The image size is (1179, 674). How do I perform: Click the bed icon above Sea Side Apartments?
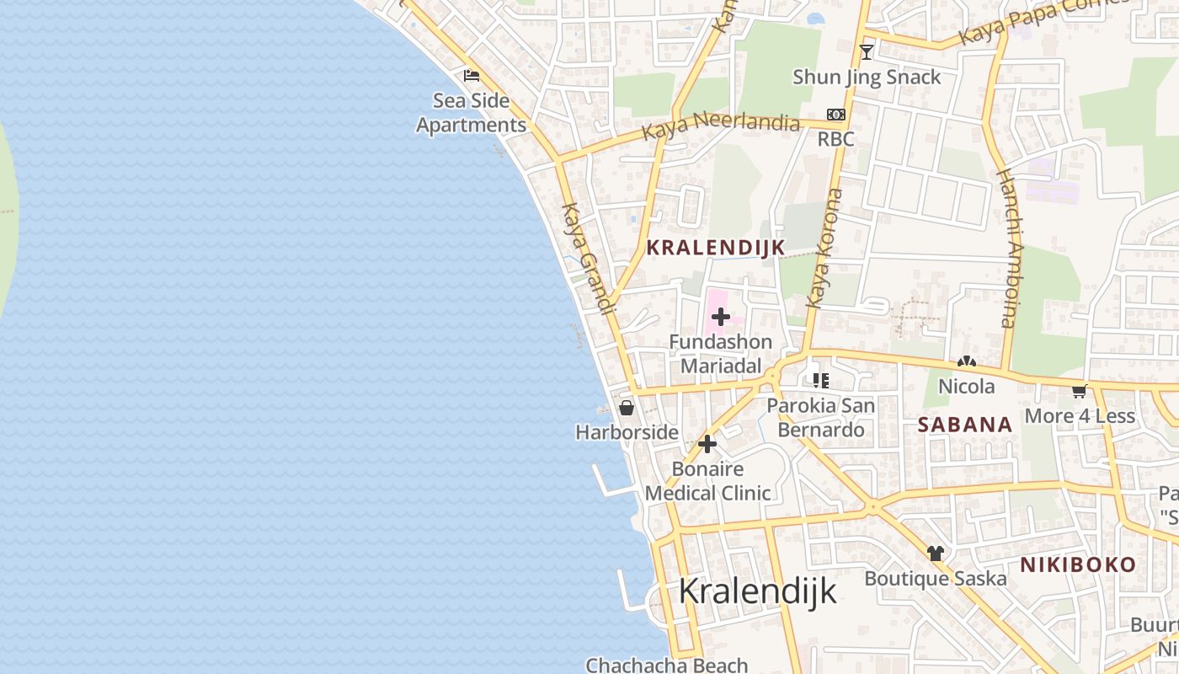click(472, 76)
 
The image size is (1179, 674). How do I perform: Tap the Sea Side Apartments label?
click(472, 113)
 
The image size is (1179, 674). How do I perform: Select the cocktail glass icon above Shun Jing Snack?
click(867, 52)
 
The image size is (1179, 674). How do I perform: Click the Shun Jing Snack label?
click(867, 78)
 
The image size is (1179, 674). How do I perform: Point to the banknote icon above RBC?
click(835, 115)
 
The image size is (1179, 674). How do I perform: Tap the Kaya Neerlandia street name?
click(720, 128)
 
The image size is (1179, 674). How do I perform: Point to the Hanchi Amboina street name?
click(1008, 248)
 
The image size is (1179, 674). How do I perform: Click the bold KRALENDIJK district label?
click(716, 248)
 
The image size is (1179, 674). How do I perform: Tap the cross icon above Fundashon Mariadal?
click(721, 317)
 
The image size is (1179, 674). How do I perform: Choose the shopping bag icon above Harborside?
click(627, 409)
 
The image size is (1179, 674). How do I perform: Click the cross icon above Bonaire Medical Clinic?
click(707, 444)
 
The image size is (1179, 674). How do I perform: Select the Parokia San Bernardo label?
click(821, 418)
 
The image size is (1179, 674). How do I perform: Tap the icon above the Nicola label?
click(967, 362)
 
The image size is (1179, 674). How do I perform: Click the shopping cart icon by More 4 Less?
click(1080, 391)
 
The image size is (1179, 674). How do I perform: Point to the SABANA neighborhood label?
click(965, 425)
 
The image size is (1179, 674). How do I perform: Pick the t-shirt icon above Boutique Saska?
click(936, 554)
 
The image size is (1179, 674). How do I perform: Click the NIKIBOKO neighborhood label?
click(1078, 564)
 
